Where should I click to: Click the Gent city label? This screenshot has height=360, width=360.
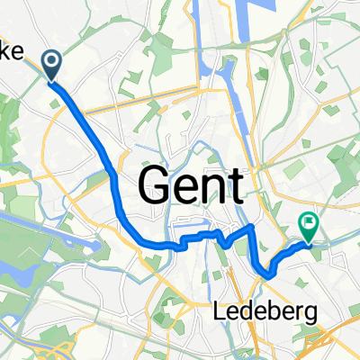point(191,187)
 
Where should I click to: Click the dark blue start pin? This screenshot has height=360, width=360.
point(51,67)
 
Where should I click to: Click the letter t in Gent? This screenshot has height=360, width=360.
point(236,187)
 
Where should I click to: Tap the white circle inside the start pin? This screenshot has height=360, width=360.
point(51,62)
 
